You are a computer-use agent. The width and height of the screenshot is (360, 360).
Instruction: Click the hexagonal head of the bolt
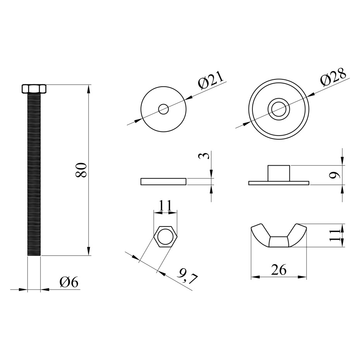34,89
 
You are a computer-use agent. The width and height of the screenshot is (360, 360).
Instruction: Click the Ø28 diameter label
334,77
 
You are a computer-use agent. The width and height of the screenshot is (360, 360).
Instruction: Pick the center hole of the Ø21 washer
163,109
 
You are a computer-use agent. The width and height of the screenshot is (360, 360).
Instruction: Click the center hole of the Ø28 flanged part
279,109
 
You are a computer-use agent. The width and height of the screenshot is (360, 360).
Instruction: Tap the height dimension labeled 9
334,175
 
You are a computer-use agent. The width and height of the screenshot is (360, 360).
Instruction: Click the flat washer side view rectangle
163,182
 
